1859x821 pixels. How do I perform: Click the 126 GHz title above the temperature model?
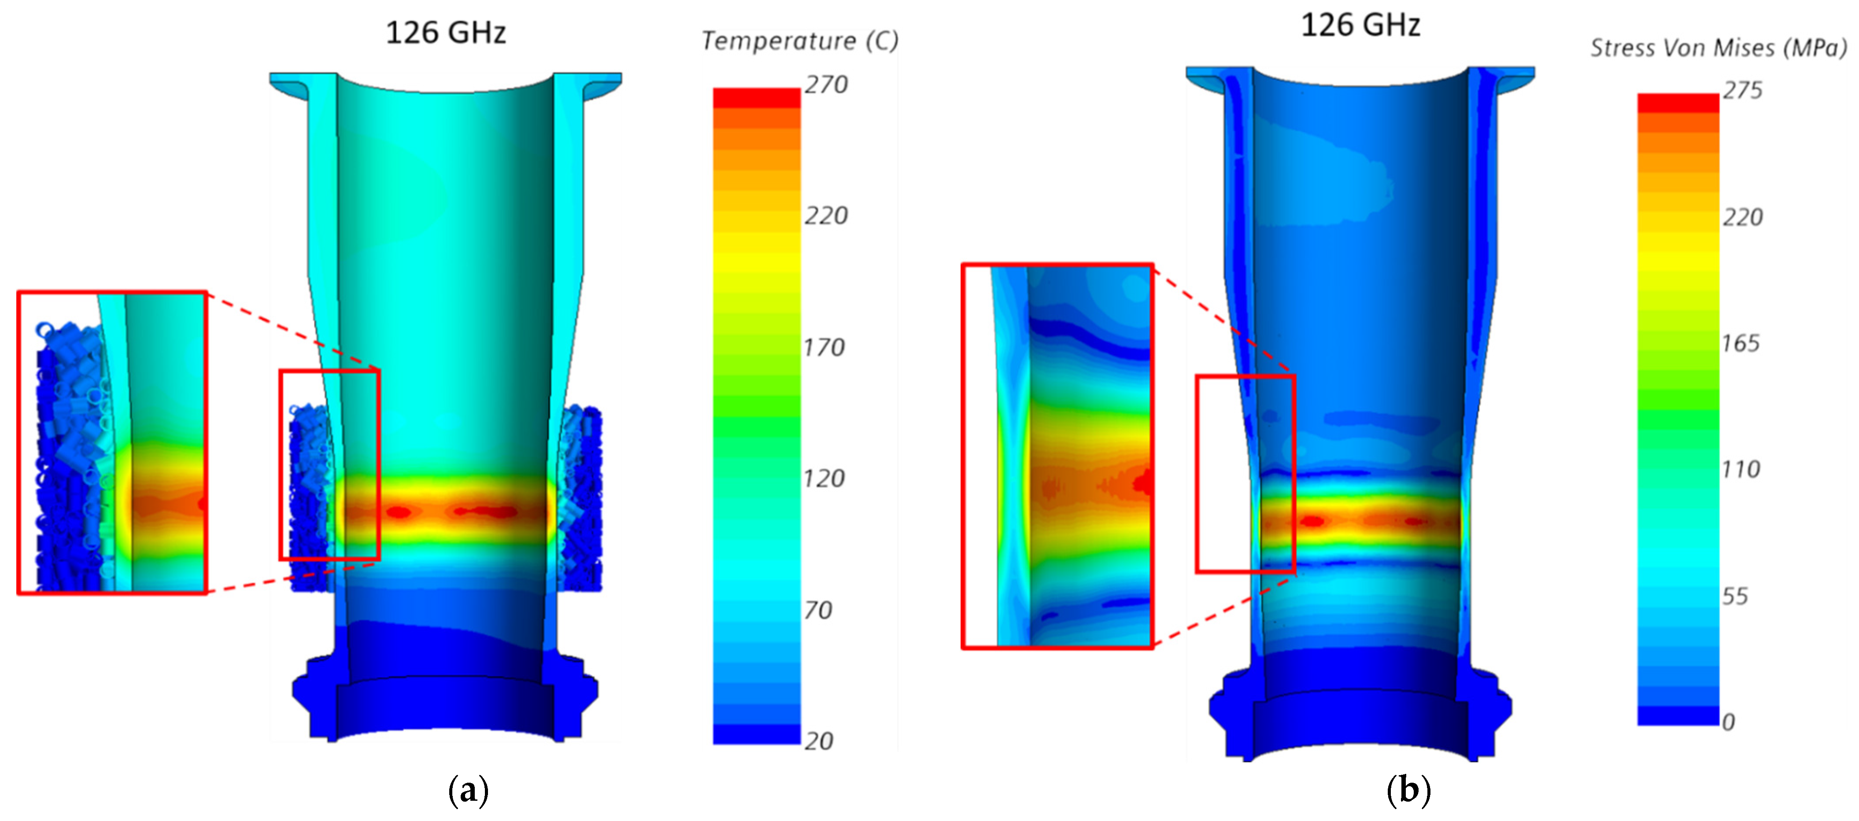pyautogui.click(x=446, y=33)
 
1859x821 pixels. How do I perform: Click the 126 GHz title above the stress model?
pyautogui.click(x=1360, y=25)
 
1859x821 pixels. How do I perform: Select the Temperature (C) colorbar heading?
pyautogui.click(x=800, y=41)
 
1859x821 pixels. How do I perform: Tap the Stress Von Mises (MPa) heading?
pyautogui.click(x=1718, y=48)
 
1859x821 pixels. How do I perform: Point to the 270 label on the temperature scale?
pyautogui.click(x=826, y=85)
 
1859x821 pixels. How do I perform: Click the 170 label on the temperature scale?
pyautogui.click(x=824, y=348)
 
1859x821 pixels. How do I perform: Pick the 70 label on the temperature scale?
pyautogui.click(x=818, y=610)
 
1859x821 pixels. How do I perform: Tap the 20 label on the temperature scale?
pyautogui.click(x=819, y=741)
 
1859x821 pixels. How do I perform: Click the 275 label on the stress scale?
pyautogui.click(x=1742, y=91)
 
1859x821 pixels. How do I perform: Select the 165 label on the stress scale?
pyautogui.click(x=1740, y=343)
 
